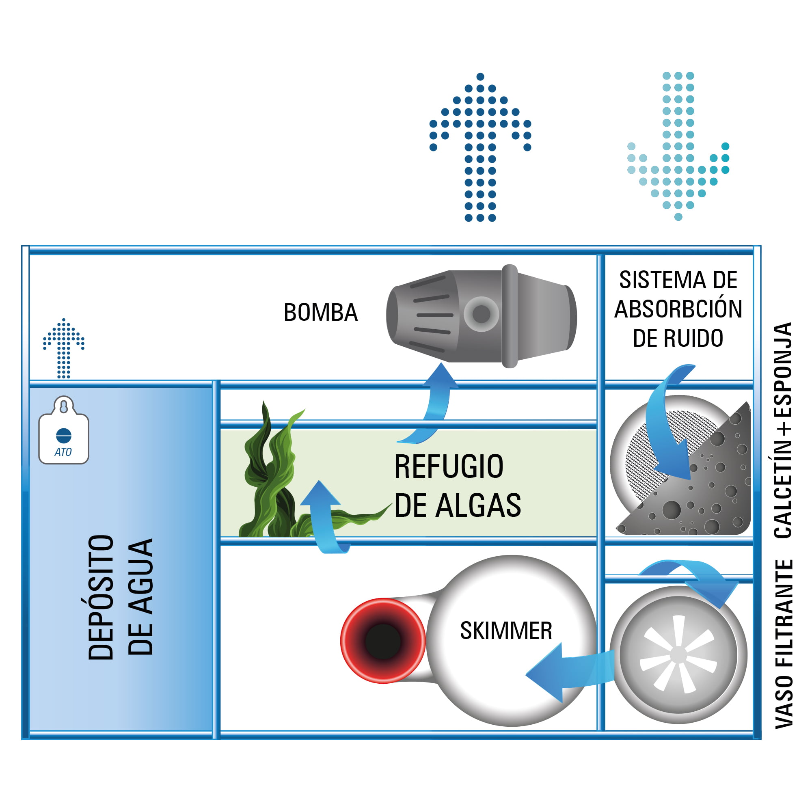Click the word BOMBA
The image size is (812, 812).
coord(321,313)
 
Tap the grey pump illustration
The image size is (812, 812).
coord(481,316)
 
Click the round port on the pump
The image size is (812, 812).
coord(481,313)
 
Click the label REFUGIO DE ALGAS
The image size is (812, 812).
coord(457,486)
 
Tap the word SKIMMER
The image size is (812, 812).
coord(506,631)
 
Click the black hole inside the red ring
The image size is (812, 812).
coord(383,642)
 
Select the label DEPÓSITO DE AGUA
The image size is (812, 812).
coord(121,597)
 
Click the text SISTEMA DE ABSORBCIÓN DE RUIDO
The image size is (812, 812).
coord(678,309)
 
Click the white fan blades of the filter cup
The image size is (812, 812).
coord(678,654)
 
